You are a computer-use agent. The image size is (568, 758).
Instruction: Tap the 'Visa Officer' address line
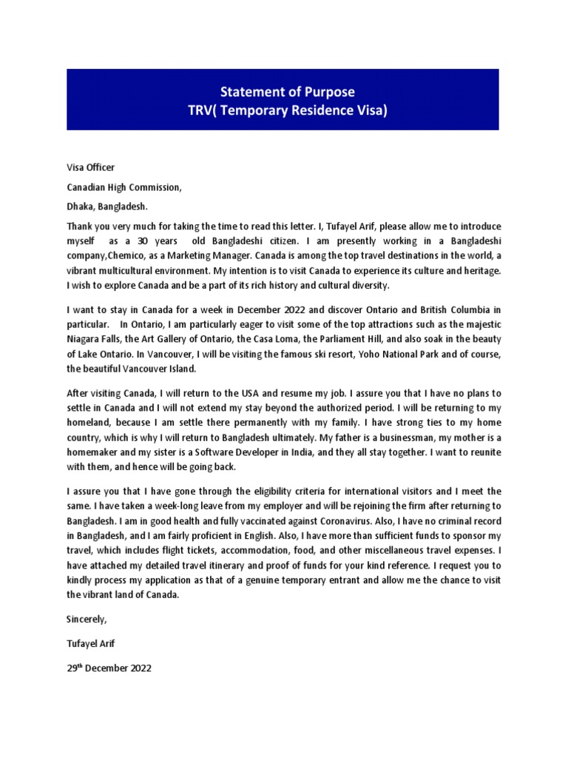coord(90,168)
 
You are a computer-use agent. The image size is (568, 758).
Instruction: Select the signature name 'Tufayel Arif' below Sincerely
coord(91,643)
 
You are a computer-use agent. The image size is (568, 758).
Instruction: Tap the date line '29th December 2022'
coord(109,668)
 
